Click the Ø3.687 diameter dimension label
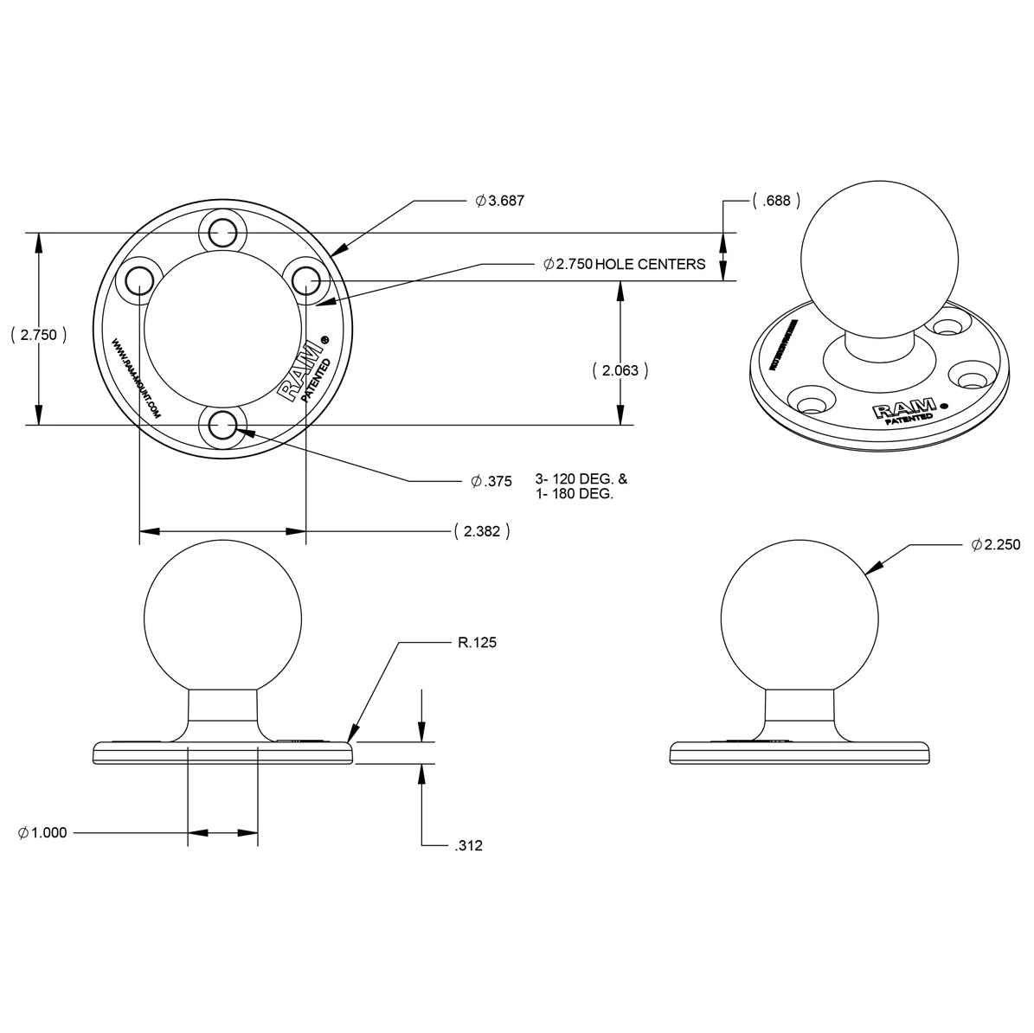tap(500, 201)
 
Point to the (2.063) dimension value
tap(620, 370)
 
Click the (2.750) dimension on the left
tap(38, 335)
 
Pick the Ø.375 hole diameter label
tap(491, 480)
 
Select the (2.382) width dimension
tap(481, 531)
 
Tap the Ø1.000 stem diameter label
tap(42, 832)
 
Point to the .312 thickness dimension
tap(468, 845)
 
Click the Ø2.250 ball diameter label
tap(996, 545)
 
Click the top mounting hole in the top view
tap(222, 230)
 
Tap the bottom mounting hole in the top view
tap(222, 425)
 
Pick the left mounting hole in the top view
tap(138, 280)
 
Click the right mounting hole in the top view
tap(305, 280)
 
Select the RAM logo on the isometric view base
tap(904, 409)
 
